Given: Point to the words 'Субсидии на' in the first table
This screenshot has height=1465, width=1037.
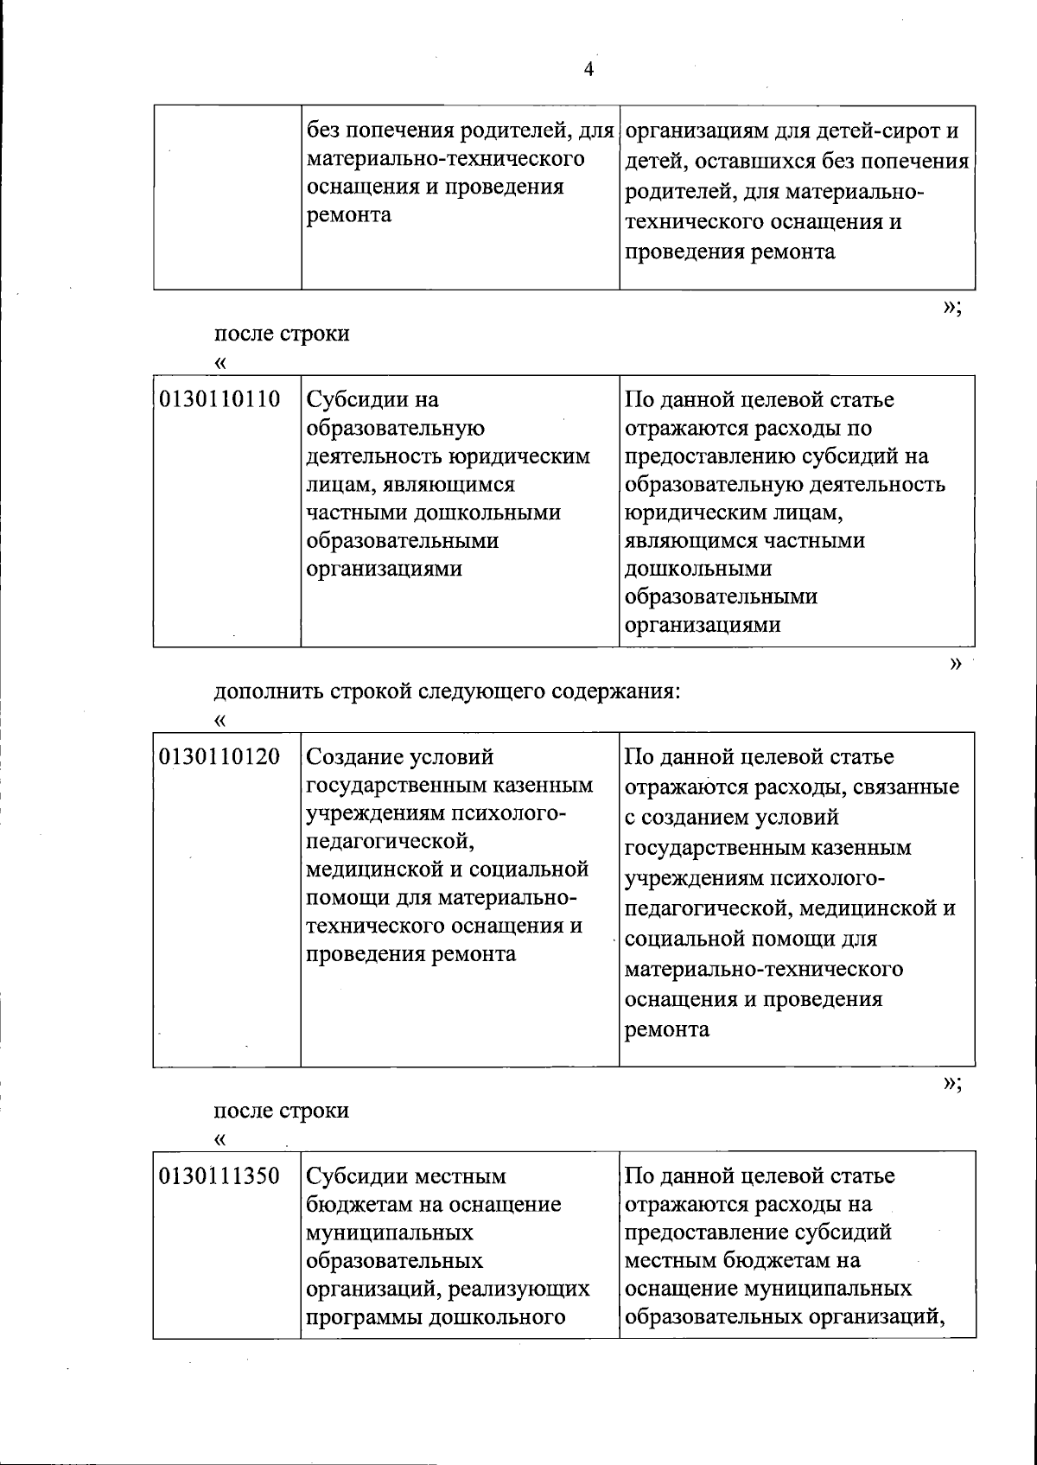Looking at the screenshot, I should coord(373,400).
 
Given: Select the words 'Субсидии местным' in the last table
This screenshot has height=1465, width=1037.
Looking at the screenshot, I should coord(407,1176).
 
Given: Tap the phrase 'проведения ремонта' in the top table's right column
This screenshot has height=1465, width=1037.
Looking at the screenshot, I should coord(730,252).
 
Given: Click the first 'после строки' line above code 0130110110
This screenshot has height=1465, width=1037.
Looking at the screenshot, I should coord(282,334).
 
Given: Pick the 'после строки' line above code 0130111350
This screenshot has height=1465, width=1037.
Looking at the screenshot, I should coord(282,1110).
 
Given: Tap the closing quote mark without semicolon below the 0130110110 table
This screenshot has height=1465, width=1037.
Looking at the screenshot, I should coord(955,664).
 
